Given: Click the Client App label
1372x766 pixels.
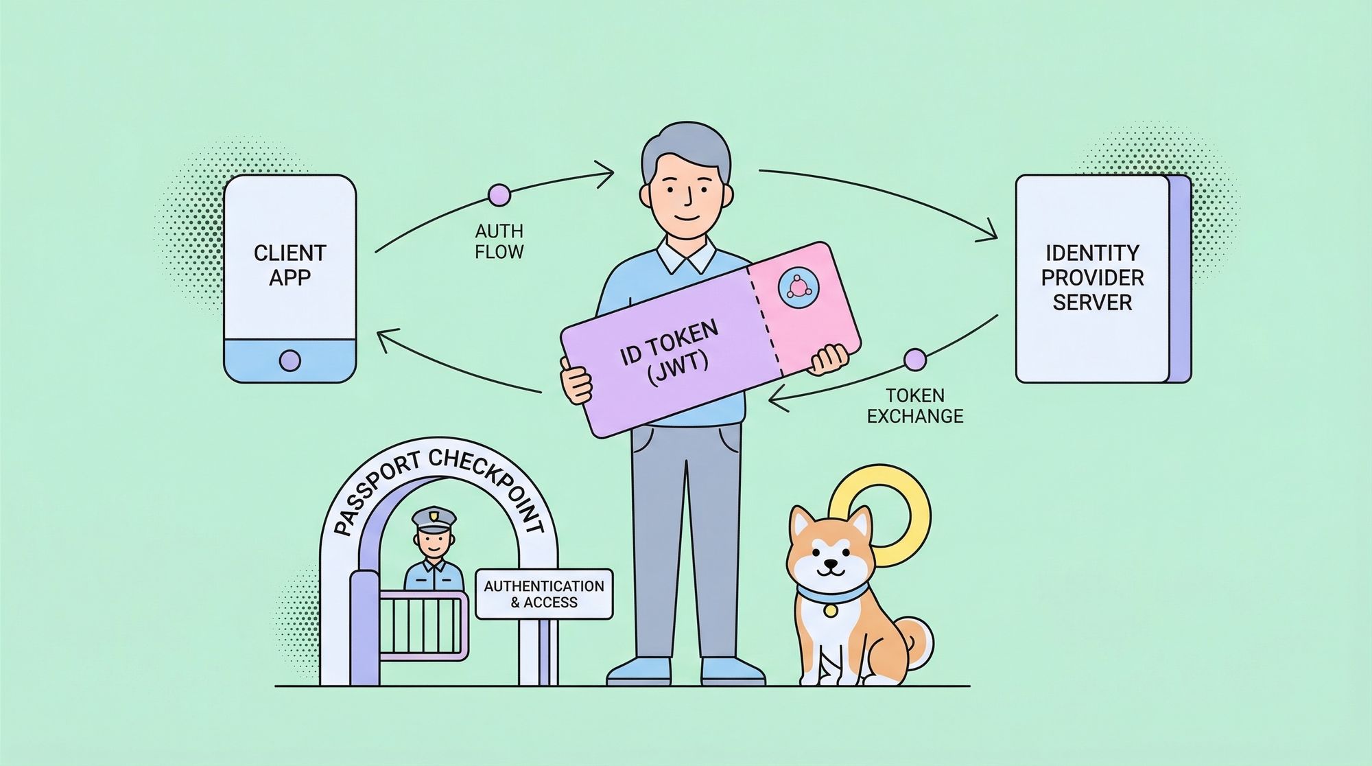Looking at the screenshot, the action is (x=289, y=265).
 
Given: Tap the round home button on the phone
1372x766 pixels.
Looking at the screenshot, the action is (x=290, y=360).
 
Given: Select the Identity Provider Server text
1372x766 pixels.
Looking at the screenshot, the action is (x=1092, y=277).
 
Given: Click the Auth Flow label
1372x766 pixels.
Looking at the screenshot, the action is (x=499, y=241).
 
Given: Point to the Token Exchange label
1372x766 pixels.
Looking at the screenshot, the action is (x=915, y=406).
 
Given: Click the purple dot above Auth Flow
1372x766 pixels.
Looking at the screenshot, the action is (x=499, y=195).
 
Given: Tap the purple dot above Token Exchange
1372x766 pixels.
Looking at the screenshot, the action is (x=914, y=359).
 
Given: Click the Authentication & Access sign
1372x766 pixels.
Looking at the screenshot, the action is (x=544, y=594).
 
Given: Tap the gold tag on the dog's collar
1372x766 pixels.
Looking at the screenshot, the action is (x=831, y=610).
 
